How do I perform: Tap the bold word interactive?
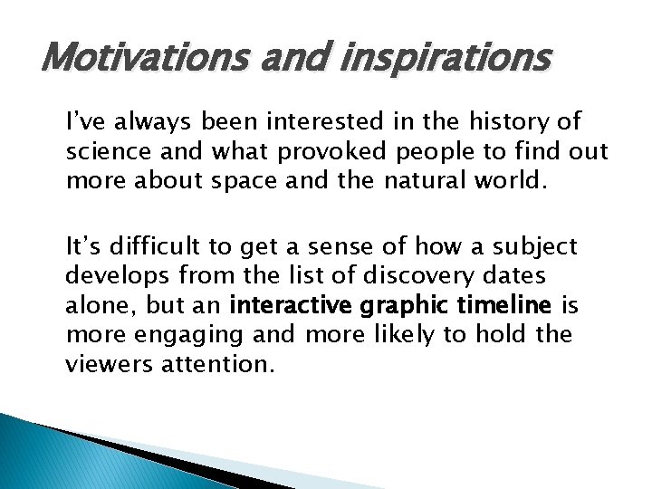[x=296, y=304]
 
